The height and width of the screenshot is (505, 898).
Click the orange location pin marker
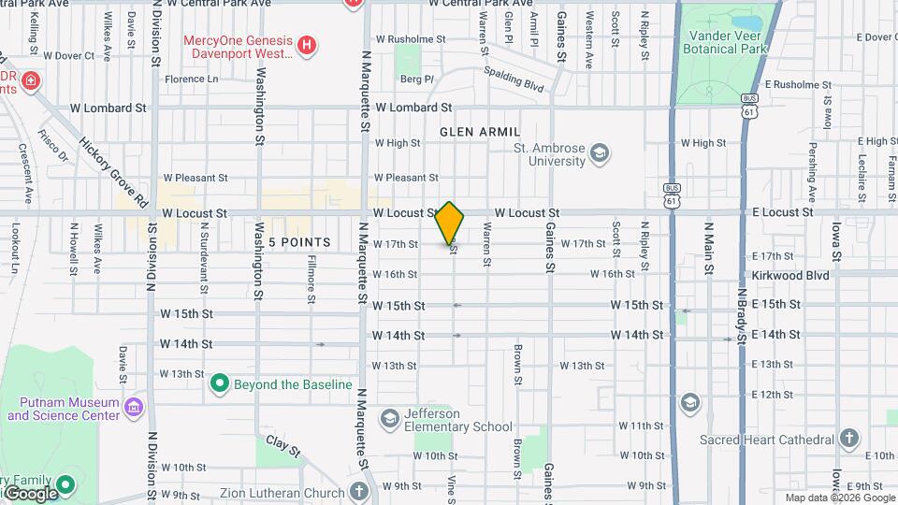tap(450, 224)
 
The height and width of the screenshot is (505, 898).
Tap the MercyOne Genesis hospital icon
tap(306, 44)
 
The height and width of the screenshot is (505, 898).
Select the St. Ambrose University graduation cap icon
tap(600, 152)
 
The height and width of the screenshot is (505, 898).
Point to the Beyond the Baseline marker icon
tap(220, 382)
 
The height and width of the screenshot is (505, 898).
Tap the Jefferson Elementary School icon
tap(390, 416)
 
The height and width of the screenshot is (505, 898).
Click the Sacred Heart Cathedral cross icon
tap(848, 438)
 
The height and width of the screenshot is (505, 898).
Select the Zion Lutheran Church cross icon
tap(359, 492)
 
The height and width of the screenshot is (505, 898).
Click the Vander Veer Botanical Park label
tap(728, 41)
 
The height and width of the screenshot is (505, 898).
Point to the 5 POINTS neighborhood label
tap(299, 242)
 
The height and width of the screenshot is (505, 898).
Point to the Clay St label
tap(283, 446)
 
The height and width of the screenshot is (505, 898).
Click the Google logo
tap(30, 493)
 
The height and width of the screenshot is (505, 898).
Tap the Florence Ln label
tap(191, 79)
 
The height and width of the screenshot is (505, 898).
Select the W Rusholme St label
tap(410, 39)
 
